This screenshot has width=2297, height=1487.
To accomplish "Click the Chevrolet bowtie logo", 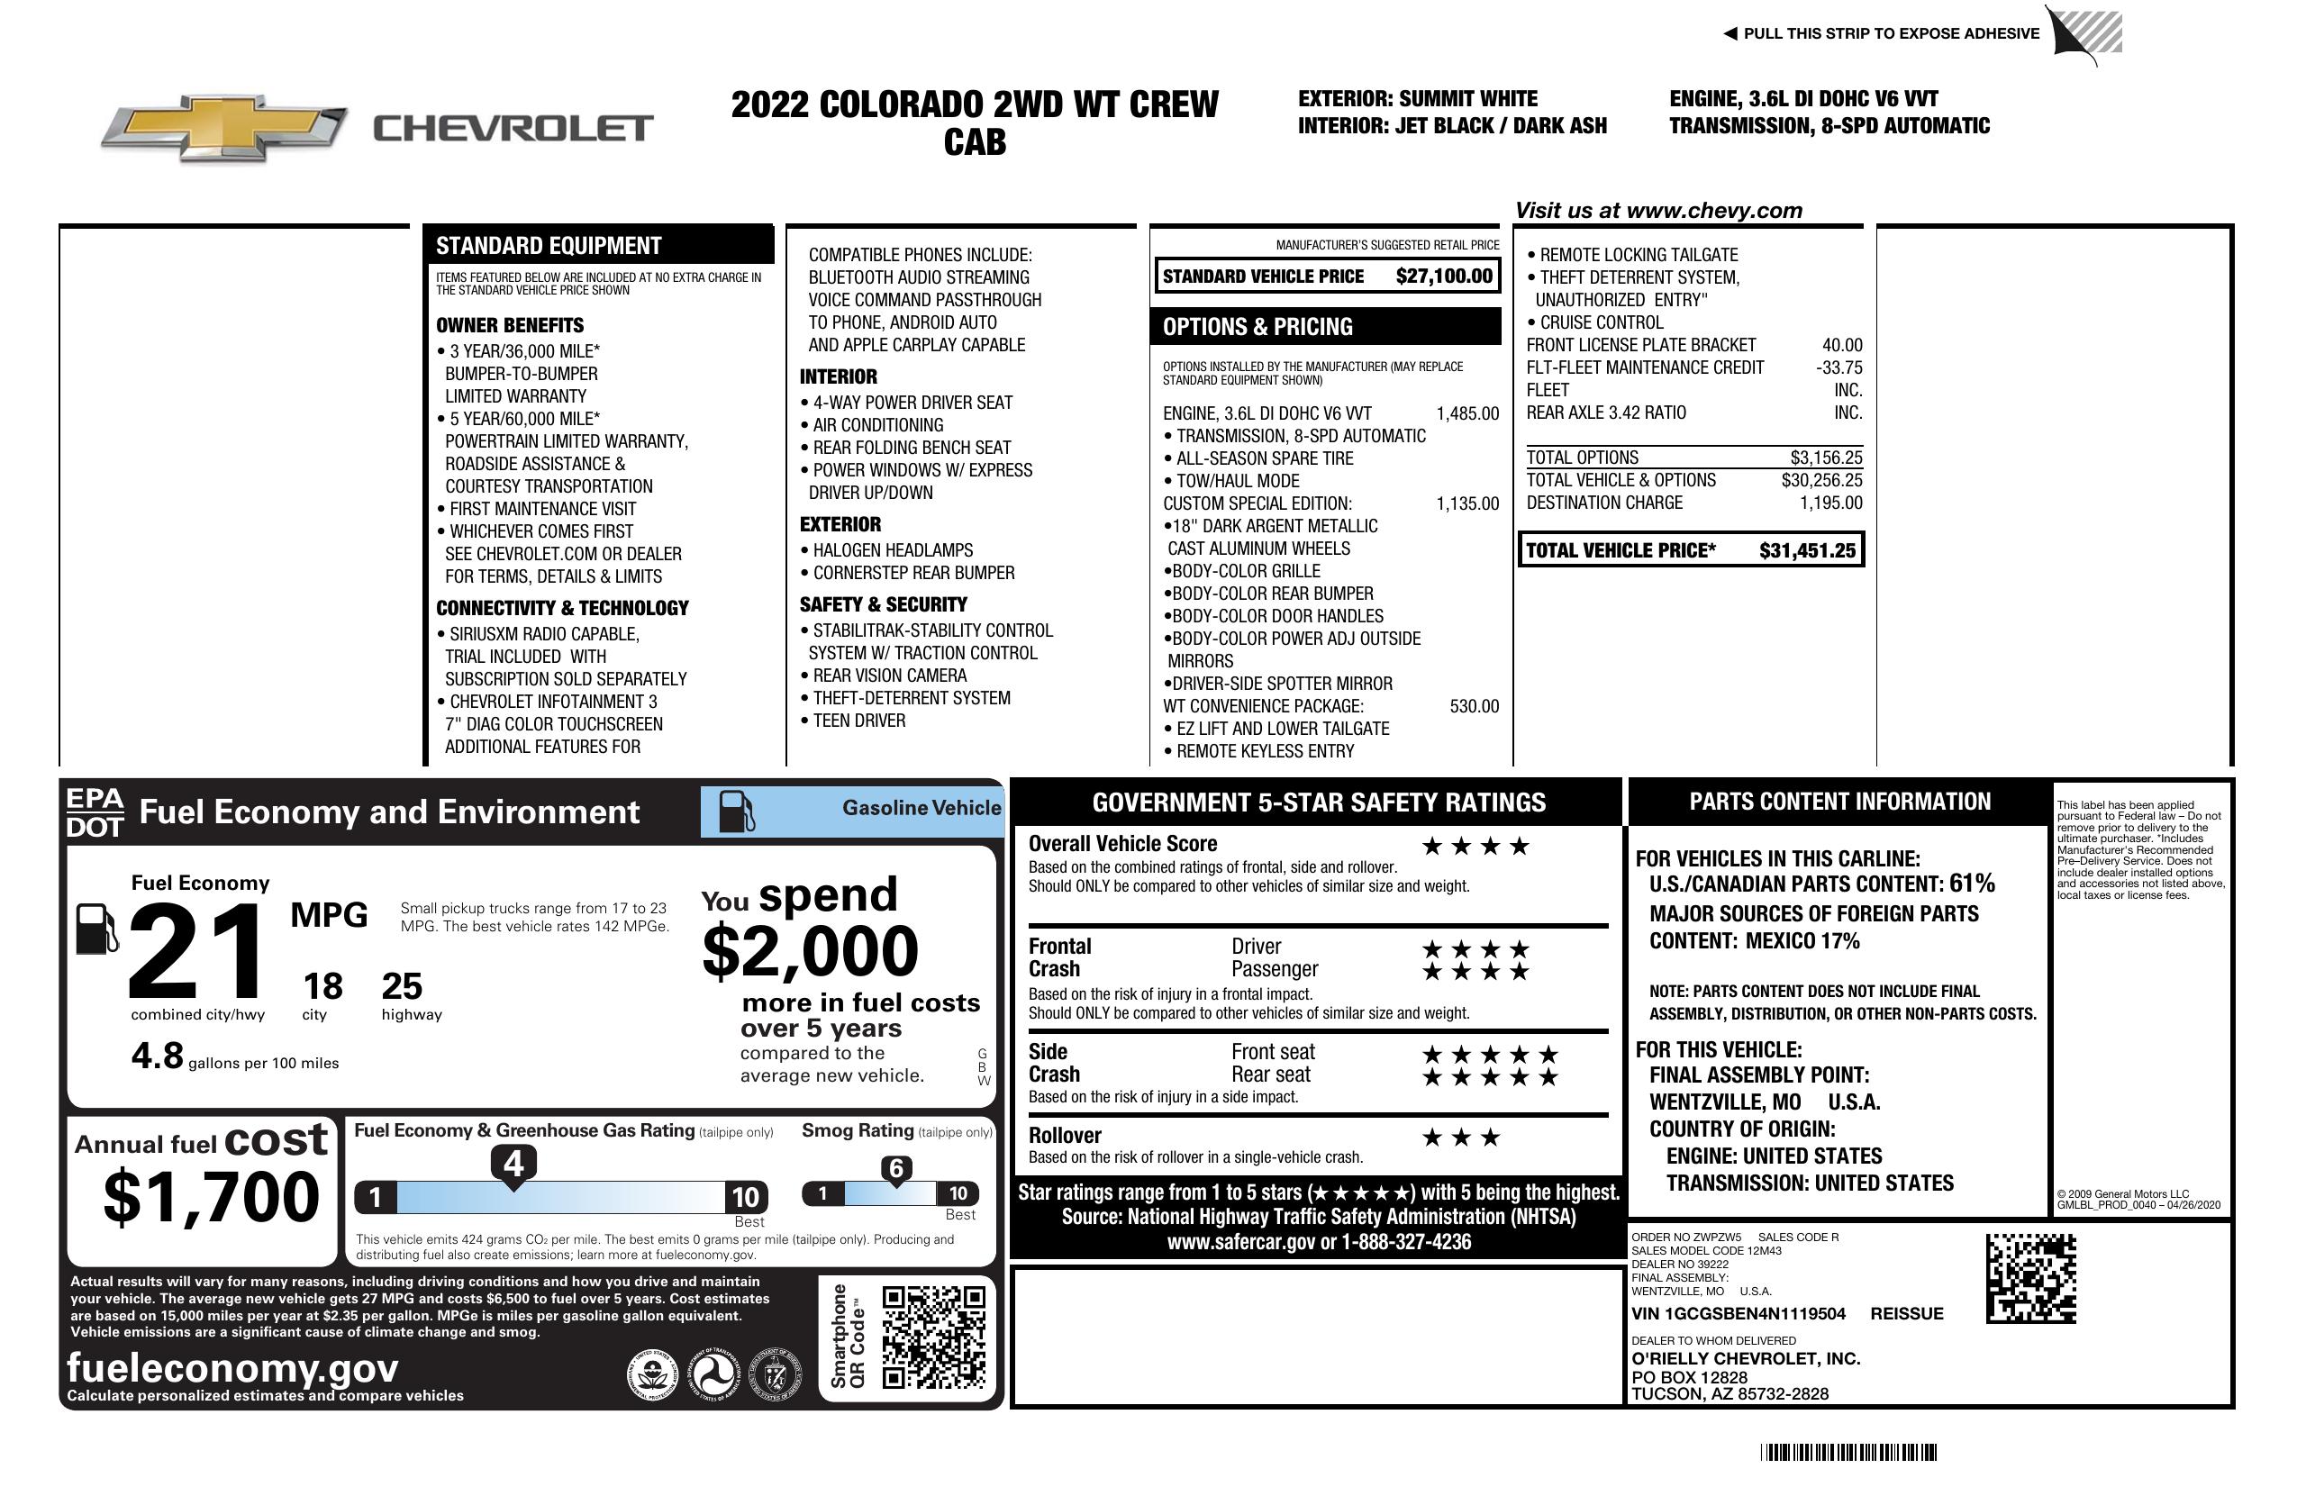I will pos(224,127).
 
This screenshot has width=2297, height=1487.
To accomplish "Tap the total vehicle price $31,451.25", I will pos(1806,550).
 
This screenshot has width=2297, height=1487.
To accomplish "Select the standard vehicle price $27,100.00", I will pos(1443,276).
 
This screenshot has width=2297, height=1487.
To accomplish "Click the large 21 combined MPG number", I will pos(196,951).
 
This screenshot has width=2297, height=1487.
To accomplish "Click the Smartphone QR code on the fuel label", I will pos(933,1337).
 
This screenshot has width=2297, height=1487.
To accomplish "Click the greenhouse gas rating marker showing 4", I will pos(513,1165).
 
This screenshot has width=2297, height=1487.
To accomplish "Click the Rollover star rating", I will pos(1461,1138).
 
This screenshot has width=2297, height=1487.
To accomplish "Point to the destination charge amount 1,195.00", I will pos(1830,503).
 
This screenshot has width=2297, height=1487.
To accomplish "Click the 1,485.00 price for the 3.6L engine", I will pos(1467,414).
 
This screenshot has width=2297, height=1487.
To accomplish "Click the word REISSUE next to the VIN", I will pos(1906,1313).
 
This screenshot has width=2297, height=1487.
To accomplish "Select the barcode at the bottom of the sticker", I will pos(1848,1452).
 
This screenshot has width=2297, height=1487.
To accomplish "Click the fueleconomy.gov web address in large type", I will pos(232,1367).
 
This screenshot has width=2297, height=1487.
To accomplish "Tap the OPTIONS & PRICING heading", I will pos(1257,327).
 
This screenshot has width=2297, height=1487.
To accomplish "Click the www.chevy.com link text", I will pos(1713,211).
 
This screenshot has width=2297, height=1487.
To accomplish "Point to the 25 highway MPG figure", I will pos(402,986).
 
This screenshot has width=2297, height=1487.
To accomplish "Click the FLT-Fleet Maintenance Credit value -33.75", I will pos(1839,367).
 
